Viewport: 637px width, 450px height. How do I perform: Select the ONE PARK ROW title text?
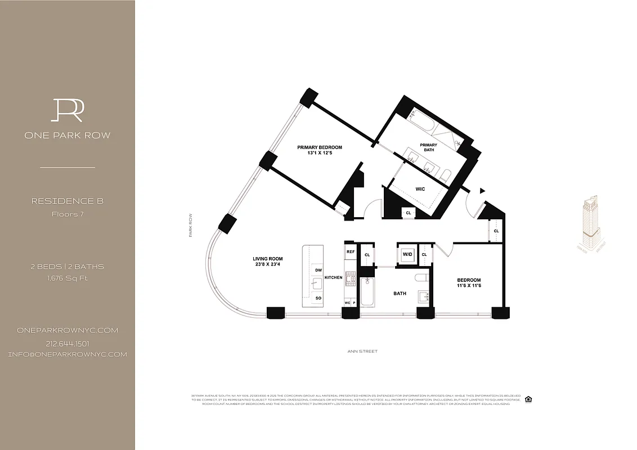coord(68,135)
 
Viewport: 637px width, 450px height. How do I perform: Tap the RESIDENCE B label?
coord(68,201)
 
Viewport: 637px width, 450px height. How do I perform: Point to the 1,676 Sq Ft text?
coord(68,278)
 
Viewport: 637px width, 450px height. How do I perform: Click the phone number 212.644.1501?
coord(68,343)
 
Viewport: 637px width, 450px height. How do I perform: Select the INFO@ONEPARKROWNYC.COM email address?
coord(68,354)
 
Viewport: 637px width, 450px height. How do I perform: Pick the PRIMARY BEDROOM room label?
coord(320,147)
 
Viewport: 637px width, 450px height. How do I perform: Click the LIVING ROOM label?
coord(267,259)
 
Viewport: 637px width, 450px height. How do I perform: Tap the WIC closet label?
coord(420,190)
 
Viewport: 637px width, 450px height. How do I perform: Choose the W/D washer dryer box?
coord(407,254)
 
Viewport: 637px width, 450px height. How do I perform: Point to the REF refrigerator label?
coord(350,252)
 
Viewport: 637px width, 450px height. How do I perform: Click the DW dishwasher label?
coord(318,270)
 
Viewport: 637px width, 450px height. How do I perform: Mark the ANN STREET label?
coord(362,352)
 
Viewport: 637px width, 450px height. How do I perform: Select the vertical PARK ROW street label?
coord(191,225)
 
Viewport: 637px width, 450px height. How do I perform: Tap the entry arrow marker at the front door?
coord(482,191)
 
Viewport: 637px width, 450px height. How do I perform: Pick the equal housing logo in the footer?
coord(528,399)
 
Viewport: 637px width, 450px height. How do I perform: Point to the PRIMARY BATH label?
coord(429,147)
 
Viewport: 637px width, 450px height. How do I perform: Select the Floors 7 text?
coord(68,214)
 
